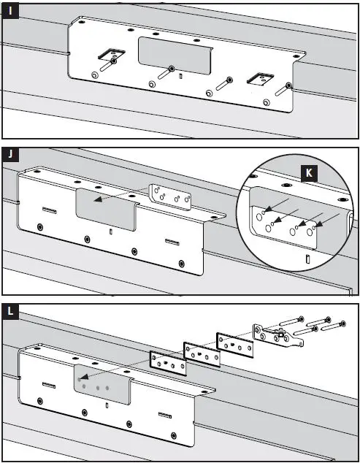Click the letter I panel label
coord(10,11)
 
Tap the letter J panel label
coord(10,154)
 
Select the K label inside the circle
coord(309,173)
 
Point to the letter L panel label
coord(10,311)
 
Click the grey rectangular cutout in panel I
coord(175,56)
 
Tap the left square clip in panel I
coord(111,53)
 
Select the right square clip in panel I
coord(260,79)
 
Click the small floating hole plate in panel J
coord(171,197)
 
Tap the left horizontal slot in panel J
coord(50,210)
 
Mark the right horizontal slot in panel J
coord(172,242)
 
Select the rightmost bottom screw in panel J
coord(182,264)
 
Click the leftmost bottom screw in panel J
coord(40,227)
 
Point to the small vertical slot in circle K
coord(307,259)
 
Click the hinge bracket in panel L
coord(277,335)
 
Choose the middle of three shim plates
coord(202,354)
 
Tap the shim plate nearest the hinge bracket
coord(235,345)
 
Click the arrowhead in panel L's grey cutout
coord(83,377)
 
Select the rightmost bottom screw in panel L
coord(174,436)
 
